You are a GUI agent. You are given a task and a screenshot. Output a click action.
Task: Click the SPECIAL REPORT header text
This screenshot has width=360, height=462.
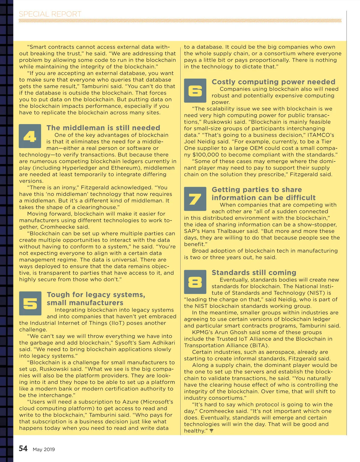click(50, 14)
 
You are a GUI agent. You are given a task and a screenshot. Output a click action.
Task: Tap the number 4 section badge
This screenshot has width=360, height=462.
click(30, 136)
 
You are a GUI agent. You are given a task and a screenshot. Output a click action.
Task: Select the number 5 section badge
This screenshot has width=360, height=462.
click(30, 303)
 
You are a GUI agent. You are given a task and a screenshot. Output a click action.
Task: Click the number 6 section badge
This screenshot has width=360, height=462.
click(195, 91)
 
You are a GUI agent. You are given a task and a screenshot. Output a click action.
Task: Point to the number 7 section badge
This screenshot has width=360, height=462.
click(195, 199)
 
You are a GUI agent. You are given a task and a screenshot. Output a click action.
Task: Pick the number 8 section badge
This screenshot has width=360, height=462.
click(195, 282)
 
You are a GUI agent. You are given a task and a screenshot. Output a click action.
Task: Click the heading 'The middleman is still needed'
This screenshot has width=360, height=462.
click(103, 128)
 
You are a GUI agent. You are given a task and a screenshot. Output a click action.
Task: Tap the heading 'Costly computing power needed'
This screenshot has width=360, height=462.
click(273, 82)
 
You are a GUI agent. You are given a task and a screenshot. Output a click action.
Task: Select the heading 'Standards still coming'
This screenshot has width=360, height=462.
click(254, 272)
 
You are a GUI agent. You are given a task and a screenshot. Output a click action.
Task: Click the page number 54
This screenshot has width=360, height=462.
click(23, 448)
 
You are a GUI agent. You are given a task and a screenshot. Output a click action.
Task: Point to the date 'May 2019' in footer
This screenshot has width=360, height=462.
click(44, 449)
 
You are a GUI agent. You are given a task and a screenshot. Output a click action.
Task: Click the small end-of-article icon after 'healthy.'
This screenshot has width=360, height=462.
click(211, 431)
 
